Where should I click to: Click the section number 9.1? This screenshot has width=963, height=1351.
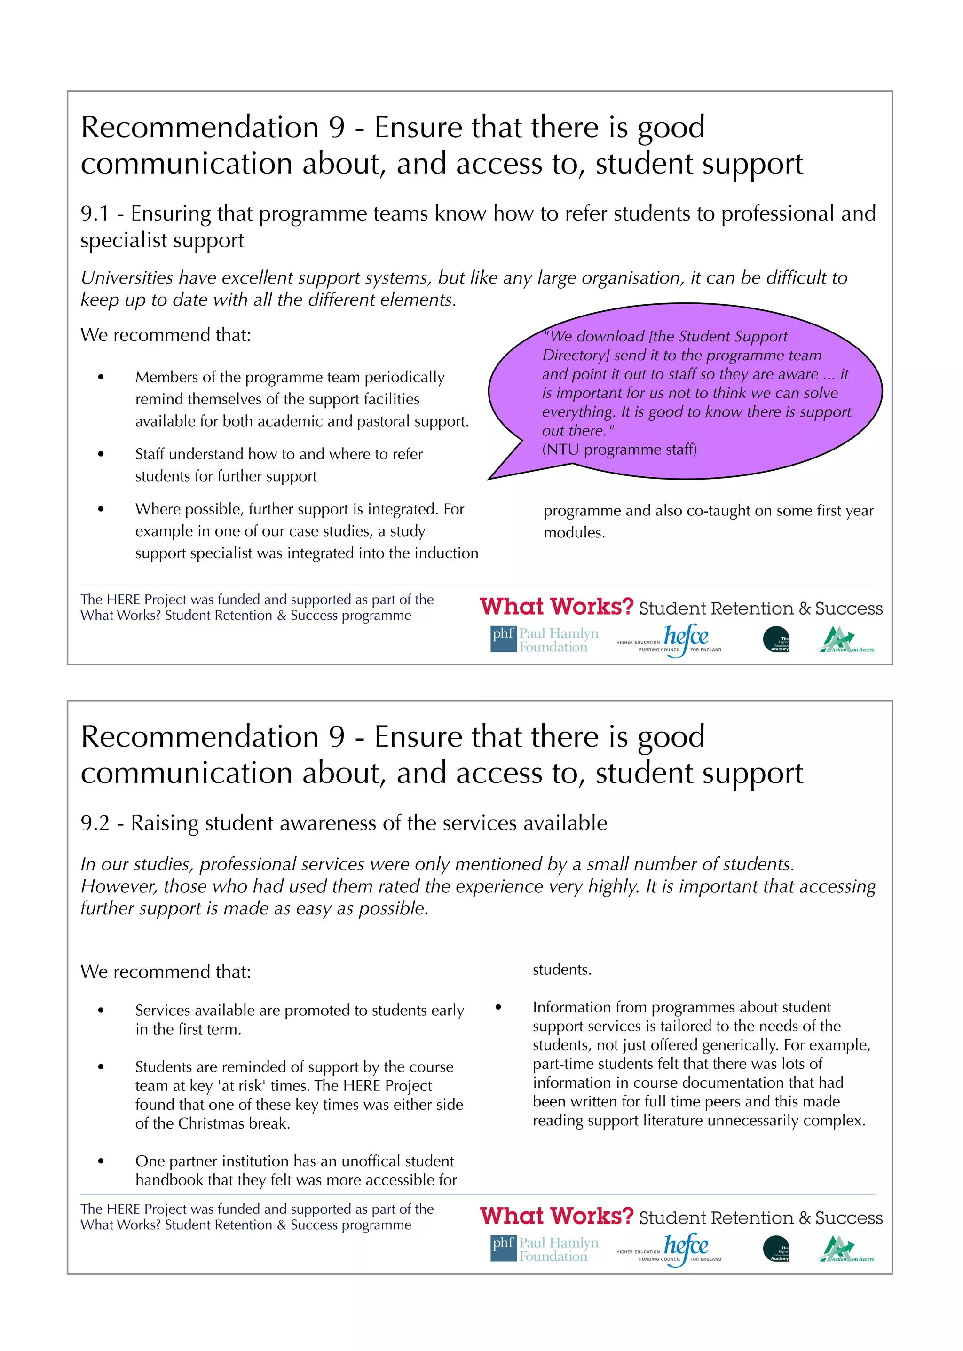pos(95,214)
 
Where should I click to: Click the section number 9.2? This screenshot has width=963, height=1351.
pos(95,824)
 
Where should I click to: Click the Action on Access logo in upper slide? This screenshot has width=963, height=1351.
pos(846,640)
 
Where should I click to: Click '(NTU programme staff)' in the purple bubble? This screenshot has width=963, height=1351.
pos(619,450)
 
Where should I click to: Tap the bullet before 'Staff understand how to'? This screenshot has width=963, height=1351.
pos(101,454)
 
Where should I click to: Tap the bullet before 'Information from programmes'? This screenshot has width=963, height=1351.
pos(498,1008)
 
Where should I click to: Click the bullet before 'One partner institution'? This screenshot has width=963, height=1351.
pos(101,1161)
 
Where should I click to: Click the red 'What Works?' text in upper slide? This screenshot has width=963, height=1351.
pos(556,607)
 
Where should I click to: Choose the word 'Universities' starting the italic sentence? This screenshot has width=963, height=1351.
pos(126,278)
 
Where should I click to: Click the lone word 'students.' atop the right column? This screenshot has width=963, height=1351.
pos(561,970)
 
